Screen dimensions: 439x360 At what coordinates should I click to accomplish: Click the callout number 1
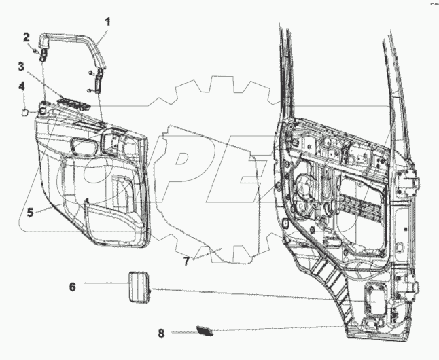click(x=107, y=21)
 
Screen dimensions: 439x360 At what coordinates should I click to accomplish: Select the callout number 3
click(x=21, y=67)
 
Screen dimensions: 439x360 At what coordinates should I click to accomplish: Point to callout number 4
click(x=21, y=86)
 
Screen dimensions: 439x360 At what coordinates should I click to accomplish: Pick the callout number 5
click(x=30, y=211)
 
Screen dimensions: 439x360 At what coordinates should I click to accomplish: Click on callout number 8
click(x=161, y=333)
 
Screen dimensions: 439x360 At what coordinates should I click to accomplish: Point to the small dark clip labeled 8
click(x=203, y=331)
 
